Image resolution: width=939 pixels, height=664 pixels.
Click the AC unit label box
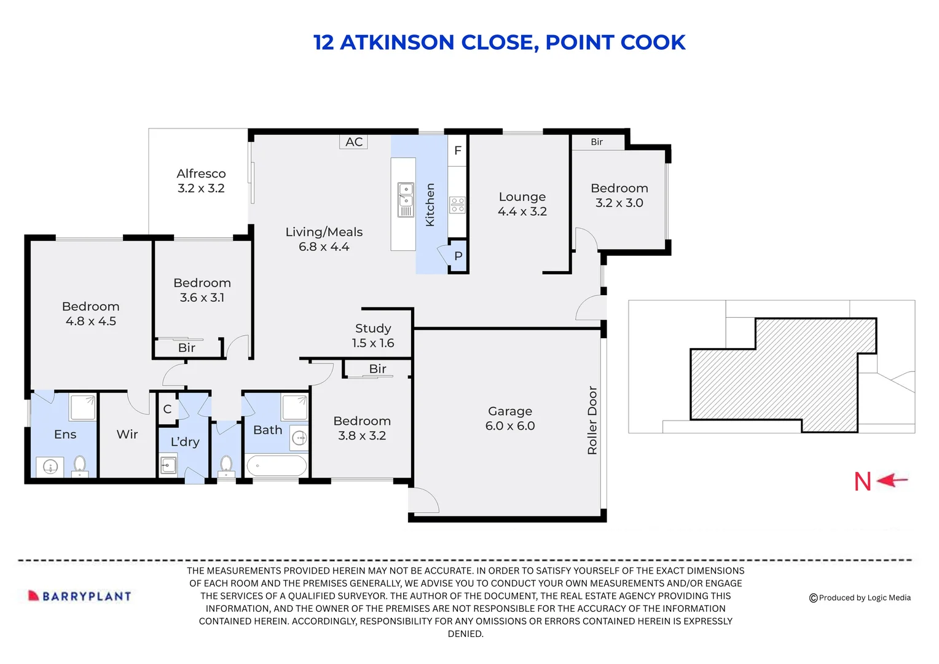353,142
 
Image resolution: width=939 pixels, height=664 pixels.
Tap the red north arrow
892,480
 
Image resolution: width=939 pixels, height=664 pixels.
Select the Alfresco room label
201,181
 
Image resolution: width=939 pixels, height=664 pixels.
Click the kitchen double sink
406,199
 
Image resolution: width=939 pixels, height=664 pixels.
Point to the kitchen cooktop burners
457,205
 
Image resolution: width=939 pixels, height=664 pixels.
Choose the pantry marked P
458,256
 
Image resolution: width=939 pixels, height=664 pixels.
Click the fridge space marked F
457,151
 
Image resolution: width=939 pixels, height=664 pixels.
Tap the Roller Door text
592,420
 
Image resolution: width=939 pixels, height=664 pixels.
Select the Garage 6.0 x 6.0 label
509,418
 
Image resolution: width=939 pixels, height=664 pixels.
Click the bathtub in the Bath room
277,465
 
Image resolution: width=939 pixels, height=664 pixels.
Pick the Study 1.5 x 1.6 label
373,336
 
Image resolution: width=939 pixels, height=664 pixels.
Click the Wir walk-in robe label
127,434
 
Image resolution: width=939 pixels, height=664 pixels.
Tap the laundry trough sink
168,465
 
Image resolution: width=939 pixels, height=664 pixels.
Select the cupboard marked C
167,409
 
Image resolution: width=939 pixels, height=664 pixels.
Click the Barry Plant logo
80,596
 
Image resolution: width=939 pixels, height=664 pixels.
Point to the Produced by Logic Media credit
860,598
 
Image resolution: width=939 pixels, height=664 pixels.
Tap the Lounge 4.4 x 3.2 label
522,204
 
